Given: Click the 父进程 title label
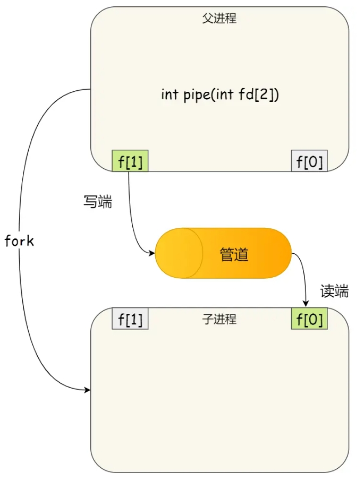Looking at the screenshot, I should pos(219,19).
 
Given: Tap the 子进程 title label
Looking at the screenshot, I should pos(219,319).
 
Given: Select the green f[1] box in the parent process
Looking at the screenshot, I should pos(130,161).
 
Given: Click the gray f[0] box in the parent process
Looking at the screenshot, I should pos(309,161).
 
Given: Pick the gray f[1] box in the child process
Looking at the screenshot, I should pos(130,319).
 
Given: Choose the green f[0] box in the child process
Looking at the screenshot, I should pos(309,319).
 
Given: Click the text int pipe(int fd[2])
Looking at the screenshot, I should pos(220,95).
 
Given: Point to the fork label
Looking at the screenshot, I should pos(19,241).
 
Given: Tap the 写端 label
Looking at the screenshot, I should pos(98,202).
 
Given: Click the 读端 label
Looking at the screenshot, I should pos(334,291).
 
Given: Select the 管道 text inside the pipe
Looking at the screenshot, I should pos(234,255).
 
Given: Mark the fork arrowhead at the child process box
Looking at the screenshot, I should pos(87,391).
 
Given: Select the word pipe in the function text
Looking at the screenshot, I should pos(197,96).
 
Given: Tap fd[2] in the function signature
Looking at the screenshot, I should pos(262,95).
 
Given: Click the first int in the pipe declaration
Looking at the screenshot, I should pos(170,95).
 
